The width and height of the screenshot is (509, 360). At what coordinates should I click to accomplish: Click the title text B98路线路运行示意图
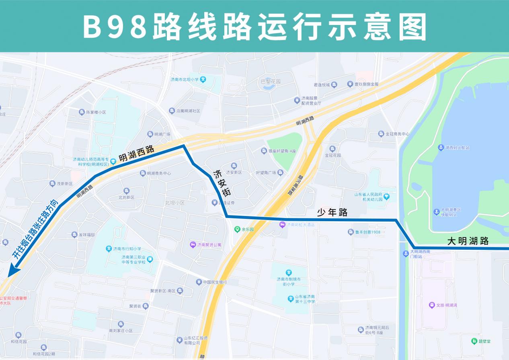255,27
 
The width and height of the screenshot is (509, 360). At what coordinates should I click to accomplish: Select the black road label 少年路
332,212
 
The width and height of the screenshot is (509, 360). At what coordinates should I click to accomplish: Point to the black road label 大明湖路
468,241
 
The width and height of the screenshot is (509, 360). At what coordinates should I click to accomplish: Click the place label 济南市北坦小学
185,80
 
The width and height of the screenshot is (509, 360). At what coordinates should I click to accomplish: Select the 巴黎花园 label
271,82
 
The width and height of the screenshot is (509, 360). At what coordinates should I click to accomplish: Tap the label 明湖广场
162,134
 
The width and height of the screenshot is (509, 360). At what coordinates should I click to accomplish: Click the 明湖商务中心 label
159,173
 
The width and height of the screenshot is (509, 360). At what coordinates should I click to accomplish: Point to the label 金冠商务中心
397,134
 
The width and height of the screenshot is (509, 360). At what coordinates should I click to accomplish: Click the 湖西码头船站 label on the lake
457,148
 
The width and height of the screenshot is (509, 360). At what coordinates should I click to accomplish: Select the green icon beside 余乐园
237,229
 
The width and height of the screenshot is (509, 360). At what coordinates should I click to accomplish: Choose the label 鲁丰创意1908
367,232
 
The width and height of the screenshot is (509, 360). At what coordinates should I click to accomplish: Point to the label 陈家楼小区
96,112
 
